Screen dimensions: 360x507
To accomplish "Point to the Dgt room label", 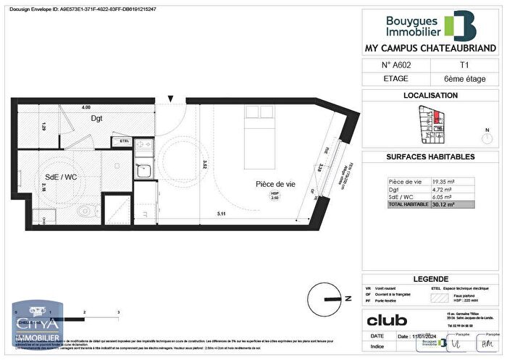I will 96,118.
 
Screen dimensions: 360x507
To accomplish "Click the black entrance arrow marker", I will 171,99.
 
